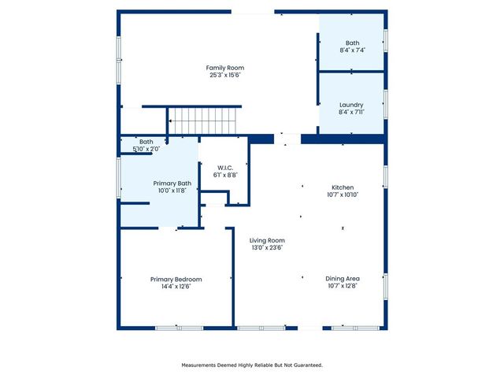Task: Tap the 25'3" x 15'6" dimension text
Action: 224,76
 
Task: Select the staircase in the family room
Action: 204,122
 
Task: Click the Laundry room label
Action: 351,105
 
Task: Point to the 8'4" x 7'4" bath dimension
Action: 351,50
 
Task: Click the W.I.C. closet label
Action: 224,167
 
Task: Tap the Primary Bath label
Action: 172,183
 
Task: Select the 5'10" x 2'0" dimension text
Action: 146,149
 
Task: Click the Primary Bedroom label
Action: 176,279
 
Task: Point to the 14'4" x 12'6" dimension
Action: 176,287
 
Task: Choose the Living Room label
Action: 267,240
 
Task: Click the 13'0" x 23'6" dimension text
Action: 267,248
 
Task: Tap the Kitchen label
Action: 343,187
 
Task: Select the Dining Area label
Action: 343,279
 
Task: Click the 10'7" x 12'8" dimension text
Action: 343,287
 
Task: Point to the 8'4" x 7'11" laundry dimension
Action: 351,113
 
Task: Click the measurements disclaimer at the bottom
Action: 252,365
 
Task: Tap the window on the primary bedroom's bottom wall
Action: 179,328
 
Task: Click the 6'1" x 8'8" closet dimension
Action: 224,175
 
